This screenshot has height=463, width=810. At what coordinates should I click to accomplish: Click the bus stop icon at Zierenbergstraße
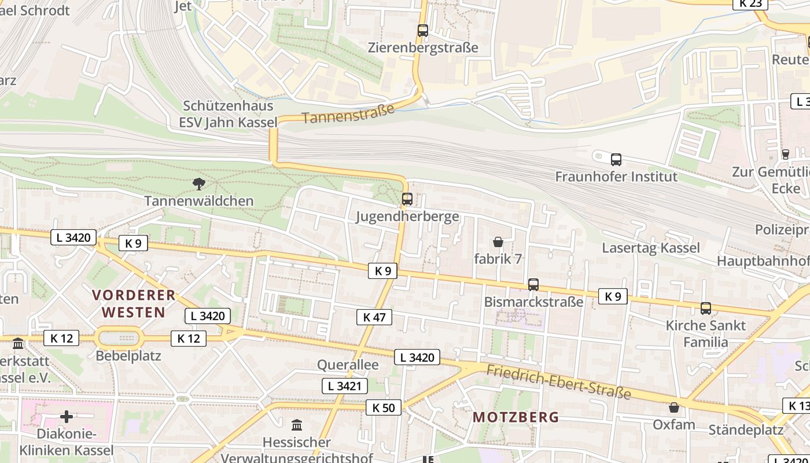click(x=423, y=31)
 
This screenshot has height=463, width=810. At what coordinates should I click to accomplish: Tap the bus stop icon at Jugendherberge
click(x=407, y=199)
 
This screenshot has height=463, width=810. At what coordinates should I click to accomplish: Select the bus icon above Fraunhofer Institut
click(x=616, y=160)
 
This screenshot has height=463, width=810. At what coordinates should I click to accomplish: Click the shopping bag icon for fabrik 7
click(x=498, y=242)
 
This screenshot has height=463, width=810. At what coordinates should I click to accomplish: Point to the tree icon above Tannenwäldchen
click(x=199, y=185)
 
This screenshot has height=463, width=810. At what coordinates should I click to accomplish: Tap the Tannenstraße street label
click(x=348, y=113)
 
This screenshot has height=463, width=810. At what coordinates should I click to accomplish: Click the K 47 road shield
click(x=374, y=317)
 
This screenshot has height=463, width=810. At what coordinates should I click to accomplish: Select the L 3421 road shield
click(x=345, y=386)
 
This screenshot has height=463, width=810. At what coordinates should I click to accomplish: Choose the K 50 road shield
click(x=384, y=408)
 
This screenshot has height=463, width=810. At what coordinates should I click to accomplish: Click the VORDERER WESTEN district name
click(x=134, y=304)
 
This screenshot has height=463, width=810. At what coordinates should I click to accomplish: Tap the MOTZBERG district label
click(x=516, y=417)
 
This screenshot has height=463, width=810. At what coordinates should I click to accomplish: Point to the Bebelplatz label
click(x=128, y=355)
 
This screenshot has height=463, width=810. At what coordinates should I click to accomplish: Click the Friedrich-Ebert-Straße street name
click(x=559, y=382)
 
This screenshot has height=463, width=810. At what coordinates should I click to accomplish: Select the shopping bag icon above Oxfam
click(x=674, y=408)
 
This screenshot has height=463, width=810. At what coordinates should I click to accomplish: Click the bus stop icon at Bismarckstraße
click(x=533, y=285)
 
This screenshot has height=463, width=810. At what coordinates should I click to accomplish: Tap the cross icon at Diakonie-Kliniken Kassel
click(x=67, y=417)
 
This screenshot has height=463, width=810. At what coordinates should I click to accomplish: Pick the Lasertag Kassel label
click(x=651, y=248)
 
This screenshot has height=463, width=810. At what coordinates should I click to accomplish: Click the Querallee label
click(x=348, y=365)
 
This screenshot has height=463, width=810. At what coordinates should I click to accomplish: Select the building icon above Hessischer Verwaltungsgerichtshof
click(x=297, y=425)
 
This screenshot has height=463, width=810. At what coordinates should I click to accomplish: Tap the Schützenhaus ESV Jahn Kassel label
click(x=228, y=114)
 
